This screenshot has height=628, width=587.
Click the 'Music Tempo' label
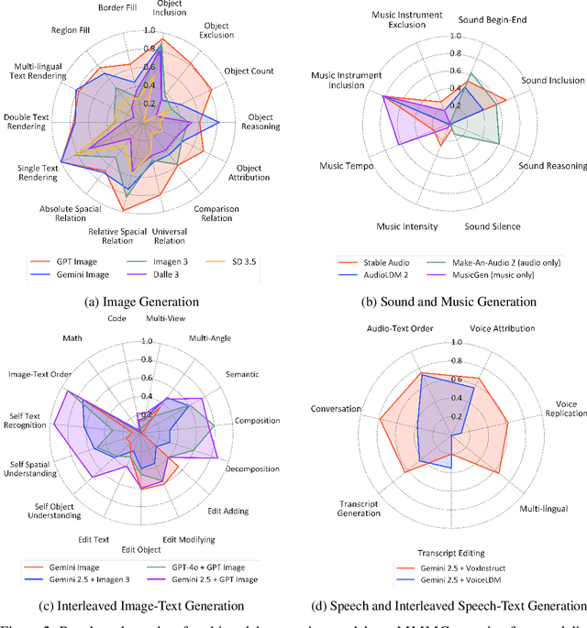pyautogui.click(x=345, y=166)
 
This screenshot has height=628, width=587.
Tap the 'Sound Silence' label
pyautogui.click(x=492, y=226)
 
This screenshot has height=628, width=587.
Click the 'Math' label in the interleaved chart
pyautogui.click(x=72, y=337)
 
